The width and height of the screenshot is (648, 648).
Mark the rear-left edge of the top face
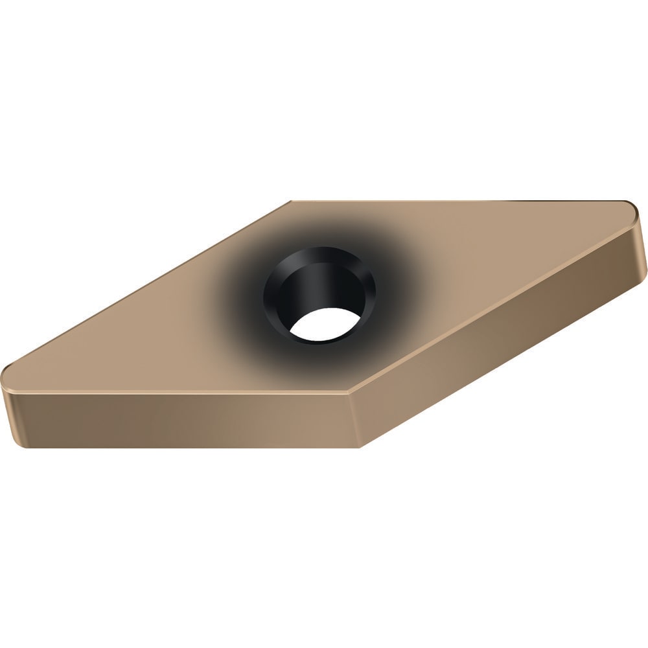149,285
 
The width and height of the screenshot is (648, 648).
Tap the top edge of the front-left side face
175,393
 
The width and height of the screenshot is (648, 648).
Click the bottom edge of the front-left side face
181,446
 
